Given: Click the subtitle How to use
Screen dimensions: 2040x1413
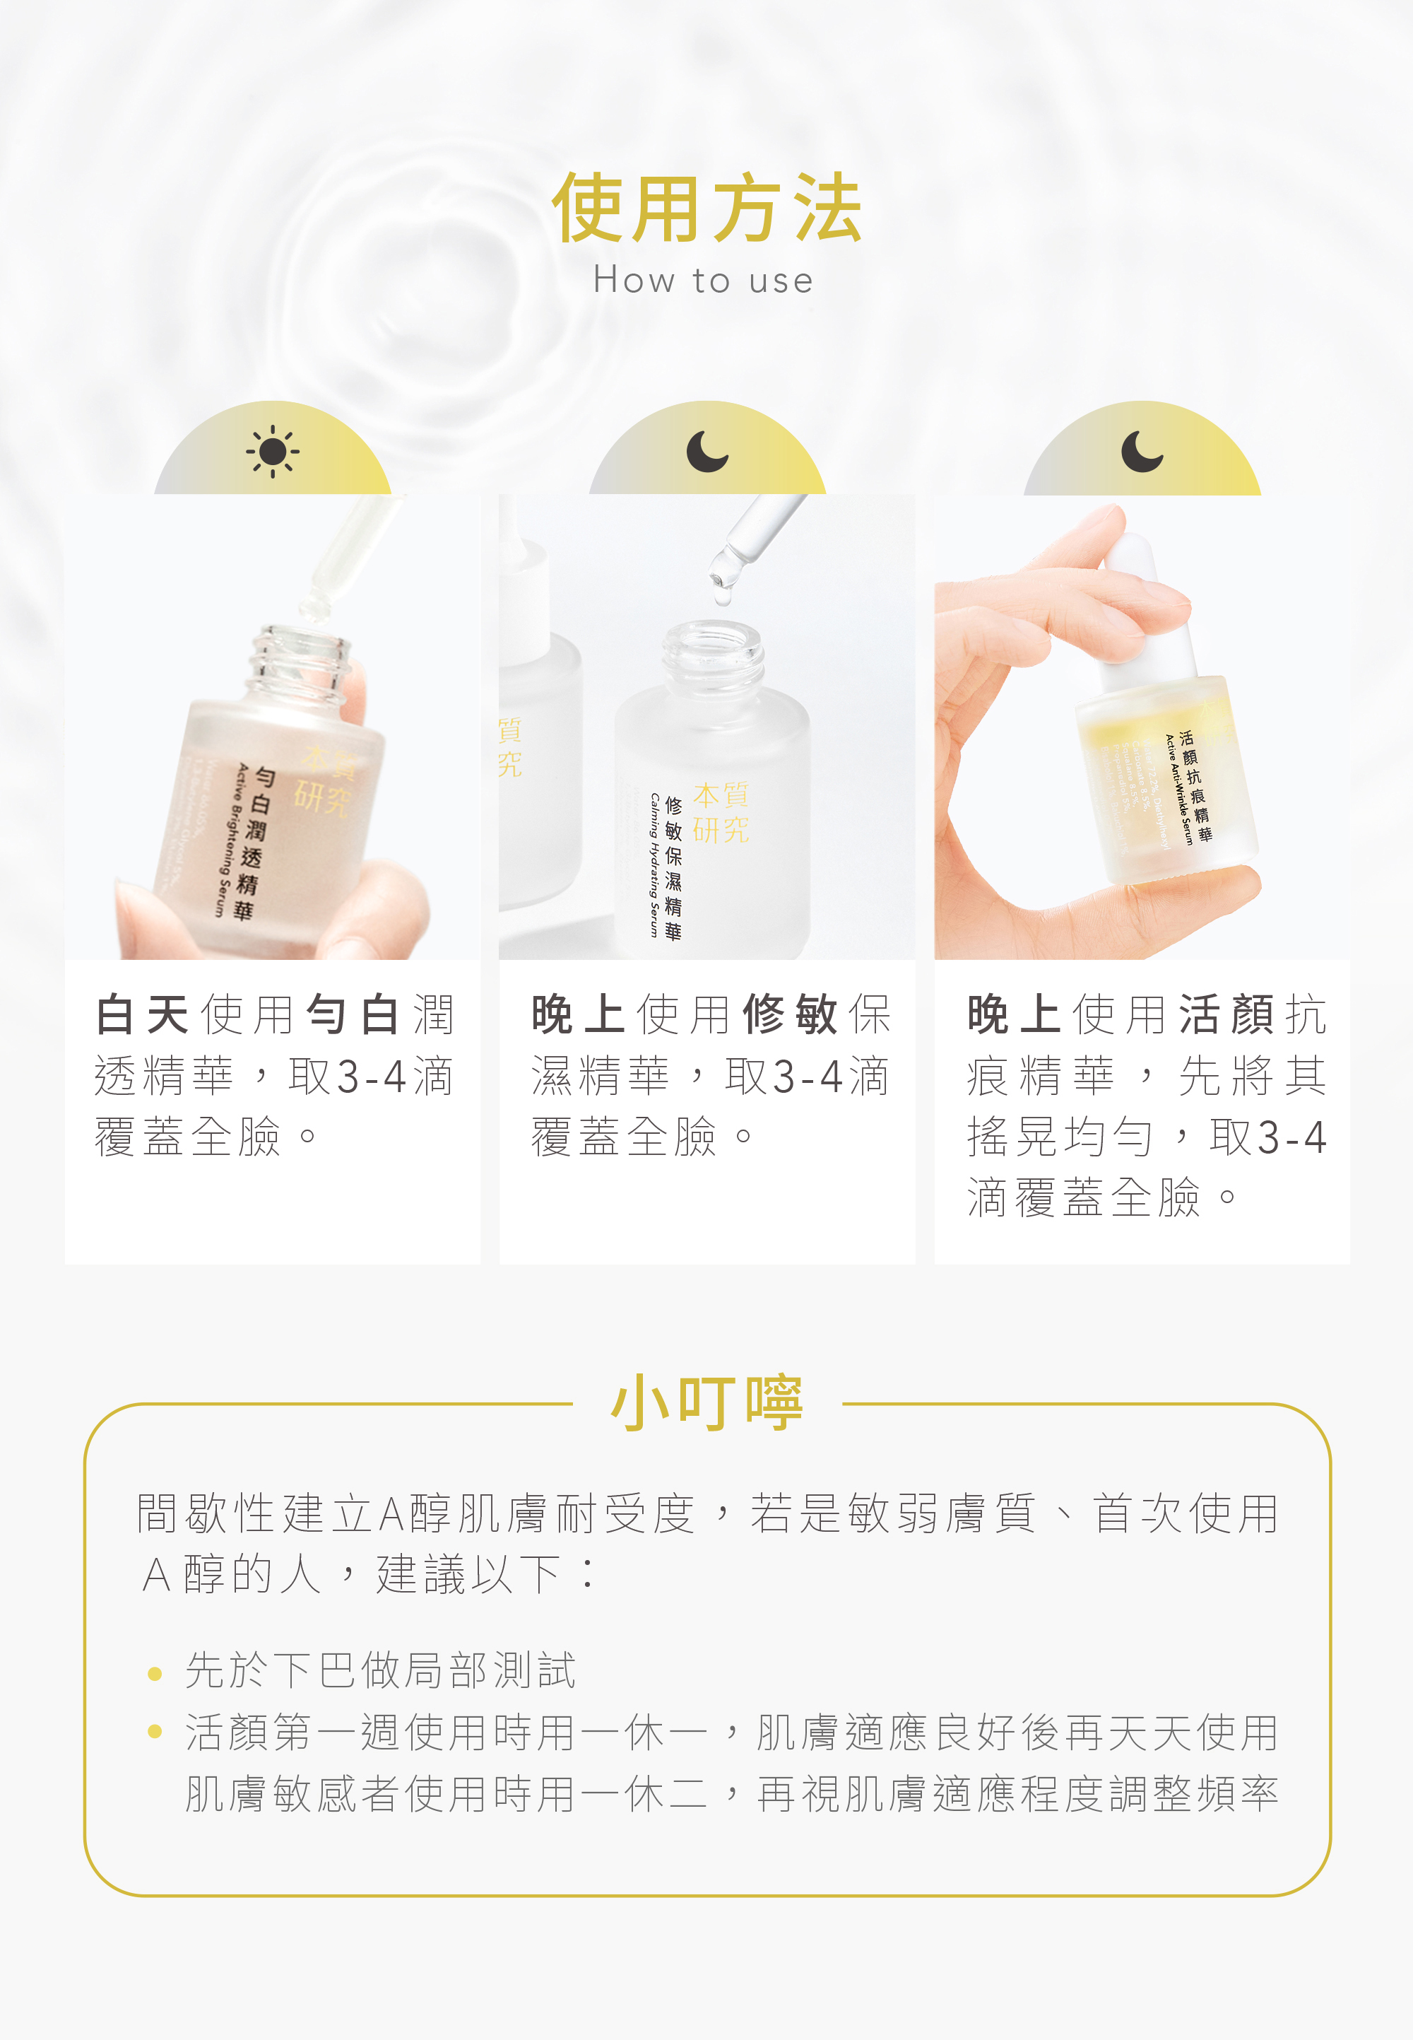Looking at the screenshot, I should (703, 281).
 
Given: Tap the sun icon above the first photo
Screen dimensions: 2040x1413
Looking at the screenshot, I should (273, 452).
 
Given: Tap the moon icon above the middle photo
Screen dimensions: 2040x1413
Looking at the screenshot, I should (706, 451).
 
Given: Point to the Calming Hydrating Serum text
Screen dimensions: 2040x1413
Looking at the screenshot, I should (653, 864).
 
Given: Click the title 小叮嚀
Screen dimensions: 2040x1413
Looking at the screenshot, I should (706, 1403).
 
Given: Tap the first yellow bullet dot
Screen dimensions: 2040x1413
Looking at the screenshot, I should (155, 1674).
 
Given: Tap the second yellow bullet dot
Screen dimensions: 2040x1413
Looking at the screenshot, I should (155, 1732).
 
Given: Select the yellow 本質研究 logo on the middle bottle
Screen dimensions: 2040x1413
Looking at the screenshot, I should (720, 812).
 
